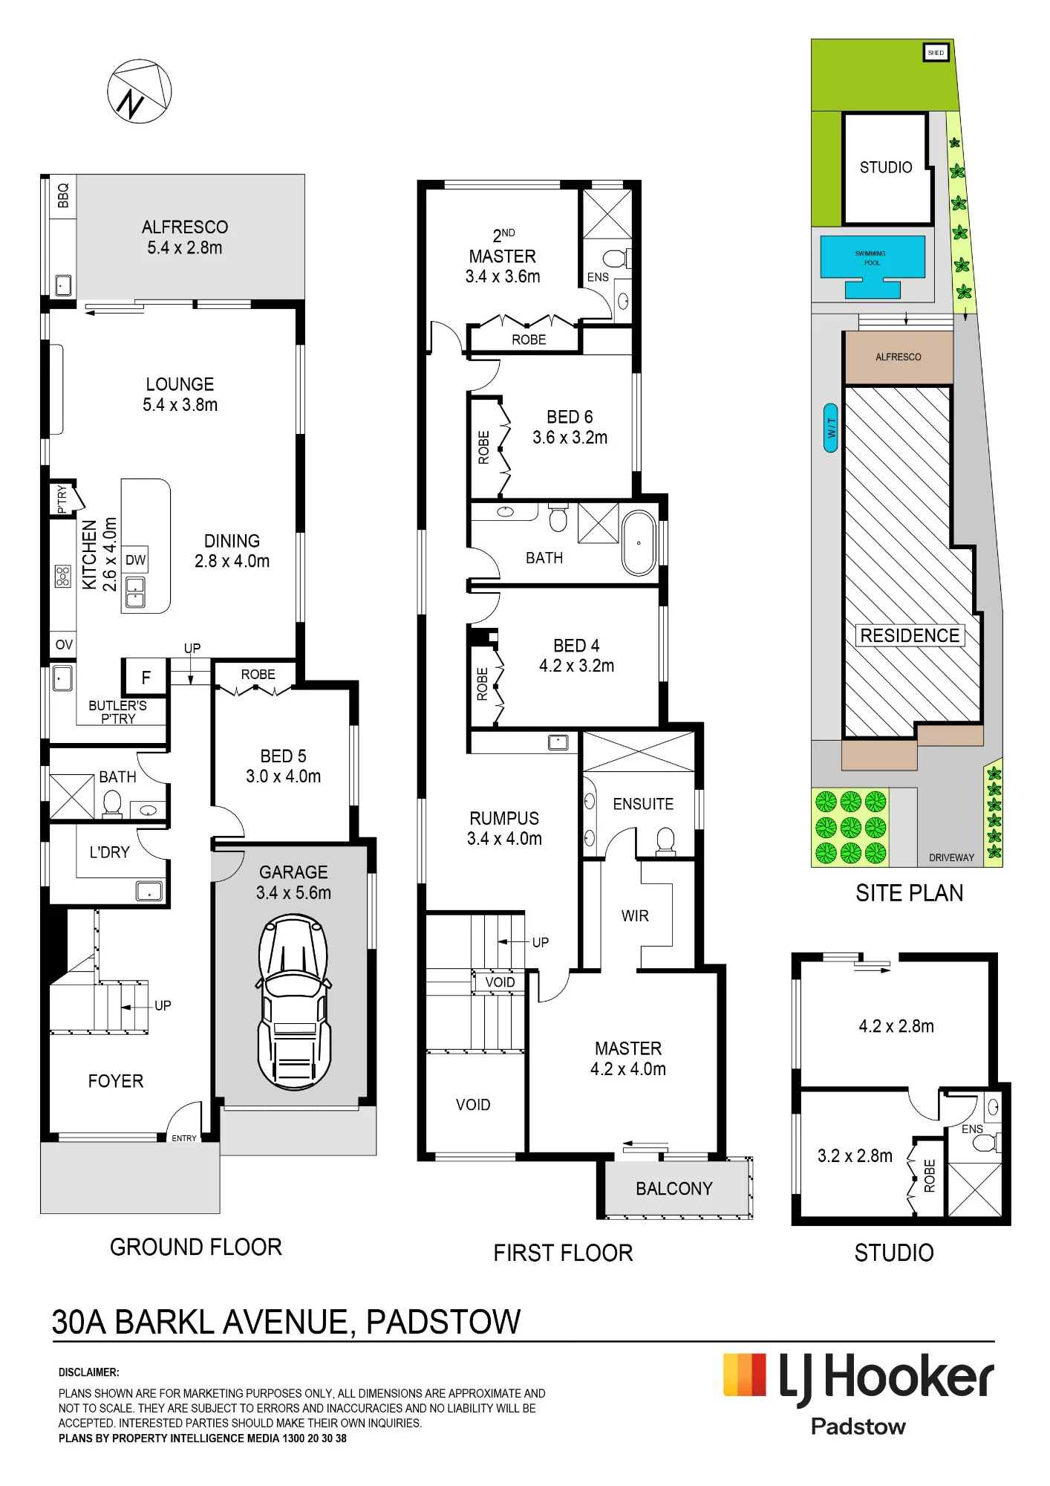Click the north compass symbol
pyautogui.click(x=140, y=91)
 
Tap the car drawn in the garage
pyautogui.click(x=294, y=1002)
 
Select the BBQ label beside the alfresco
pyautogui.click(x=63, y=195)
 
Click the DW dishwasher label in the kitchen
pyautogui.click(x=135, y=560)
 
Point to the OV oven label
pyautogui.click(x=64, y=644)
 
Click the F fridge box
pyautogui.click(x=146, y=677)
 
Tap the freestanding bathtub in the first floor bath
pyautogui.click(x=639, y=543)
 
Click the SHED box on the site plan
pyautogui.click(x=936, y=53)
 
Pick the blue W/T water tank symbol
pyautogui.click(x=832, y=428)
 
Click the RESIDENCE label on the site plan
pyautogui.click(x=910, y=635)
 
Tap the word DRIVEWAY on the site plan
pyautogui.click(x=951, y=857)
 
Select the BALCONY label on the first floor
pyautogui.click(x=674, y=1189)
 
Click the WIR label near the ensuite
pyautogui.click(x=635, y=916)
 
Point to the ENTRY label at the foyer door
pyautogui.click(x=184, y=1138)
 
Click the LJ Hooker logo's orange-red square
pyautogui.click(x=745, y=1375)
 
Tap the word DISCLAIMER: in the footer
pyautogui.click(x=89, y=1372)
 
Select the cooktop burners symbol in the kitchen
pyautogui.click(x=63, y=576)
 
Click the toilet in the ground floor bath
pyautogui.click(x=112, y=804)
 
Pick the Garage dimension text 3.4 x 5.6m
pyautogui.click(x=294, y=892)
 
